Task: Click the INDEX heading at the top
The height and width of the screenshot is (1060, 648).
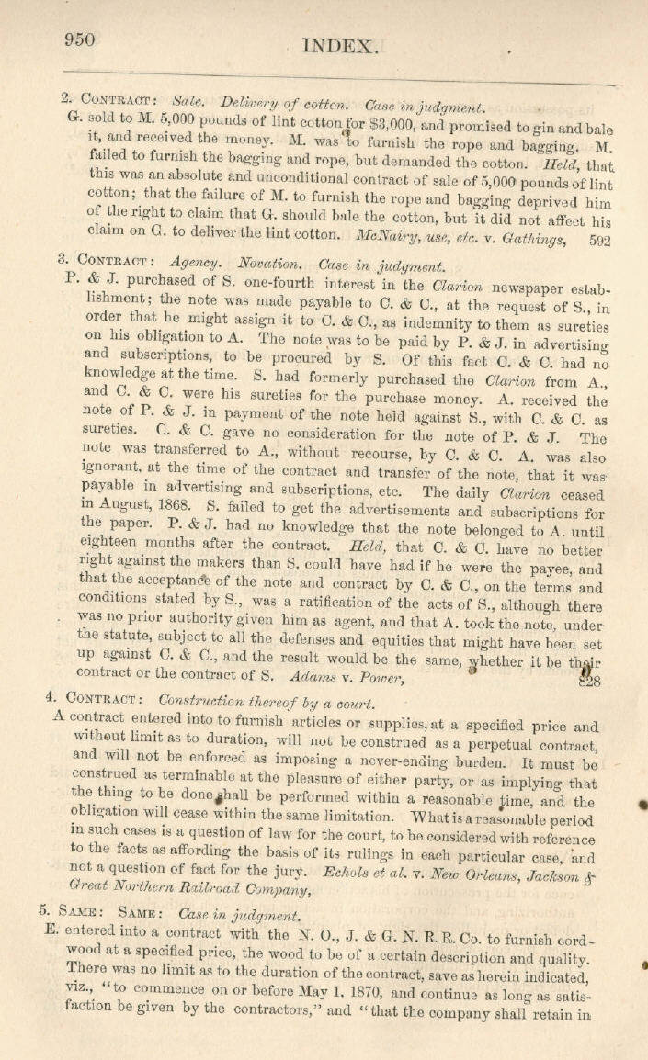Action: (339, 45)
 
